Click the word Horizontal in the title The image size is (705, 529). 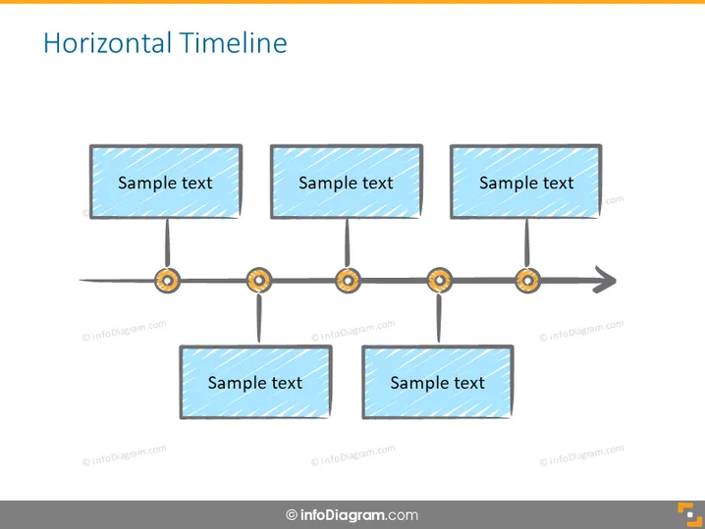tap(107, 43)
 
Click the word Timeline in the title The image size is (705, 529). tap(234, 43)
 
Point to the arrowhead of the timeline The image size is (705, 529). tap(605, 280)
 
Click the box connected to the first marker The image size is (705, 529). tap(166, 182)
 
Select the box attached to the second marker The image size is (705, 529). tap(256, 382)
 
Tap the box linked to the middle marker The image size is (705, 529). tap(347, 182)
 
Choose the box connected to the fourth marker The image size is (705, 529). tap(438, 382)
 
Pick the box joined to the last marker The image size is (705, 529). tap(526, 182)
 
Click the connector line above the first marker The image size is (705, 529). tap(167, 243)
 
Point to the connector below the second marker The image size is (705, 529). tap(259, 319)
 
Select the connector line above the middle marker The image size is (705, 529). tap(348, 243)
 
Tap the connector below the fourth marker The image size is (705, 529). tap(439, 319)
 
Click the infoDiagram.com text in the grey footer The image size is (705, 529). tap(359, 515)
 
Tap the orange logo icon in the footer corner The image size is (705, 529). tap(689, 514)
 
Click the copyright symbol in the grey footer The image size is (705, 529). tap(292, 515)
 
